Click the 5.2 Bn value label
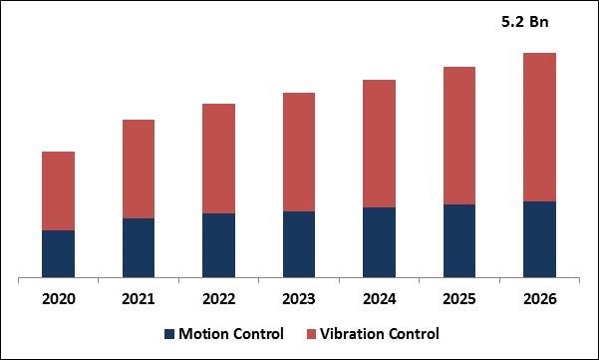(524, 21)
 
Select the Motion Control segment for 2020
(58, 253)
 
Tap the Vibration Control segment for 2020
(58, 190)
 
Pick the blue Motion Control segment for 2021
(139, 247)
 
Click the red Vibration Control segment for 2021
(139, 169)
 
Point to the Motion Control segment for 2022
(218, 244)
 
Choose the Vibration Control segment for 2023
(299, 152)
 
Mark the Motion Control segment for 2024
(379, 241)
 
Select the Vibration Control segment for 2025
(459, 136)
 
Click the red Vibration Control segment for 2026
(539, 127)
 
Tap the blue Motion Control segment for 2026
(539, 238)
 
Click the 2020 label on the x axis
(58, 298)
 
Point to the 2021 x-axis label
(139, 298)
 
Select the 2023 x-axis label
(299, 298)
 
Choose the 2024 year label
(379, 298)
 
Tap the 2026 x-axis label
(539, 298)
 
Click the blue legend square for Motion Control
(168, 334)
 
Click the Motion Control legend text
(231, 334)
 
